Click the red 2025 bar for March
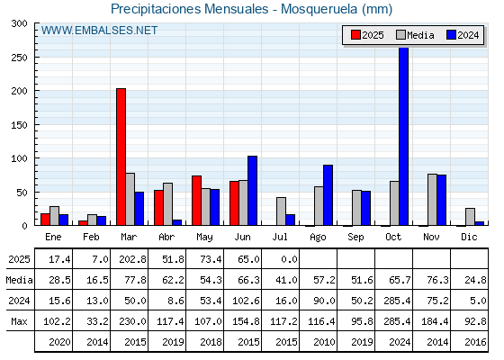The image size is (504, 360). [x=121, y=157]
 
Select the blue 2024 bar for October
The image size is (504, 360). [x=403, y=136]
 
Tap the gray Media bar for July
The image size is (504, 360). [x=281, y=211]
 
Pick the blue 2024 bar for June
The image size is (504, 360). [x=252, y=191]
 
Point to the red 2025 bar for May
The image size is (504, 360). [x=196, y=201]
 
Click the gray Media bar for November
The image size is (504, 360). [x=432, y=200]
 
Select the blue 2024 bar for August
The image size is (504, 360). [x=328, y=195]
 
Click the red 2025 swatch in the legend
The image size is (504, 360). [x=355, y=35]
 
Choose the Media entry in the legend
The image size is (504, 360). [x=415, y=35]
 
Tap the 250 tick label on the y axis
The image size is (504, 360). [x=19, y=58]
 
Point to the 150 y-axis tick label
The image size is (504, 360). [x=19, y=125]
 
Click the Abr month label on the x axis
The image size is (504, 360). [x=166, y=238]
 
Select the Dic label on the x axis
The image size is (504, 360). [x=469, y=237]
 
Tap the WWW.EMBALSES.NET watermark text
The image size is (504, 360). [x=99, y=31]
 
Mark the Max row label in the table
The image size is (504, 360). [x=19, y=321]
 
